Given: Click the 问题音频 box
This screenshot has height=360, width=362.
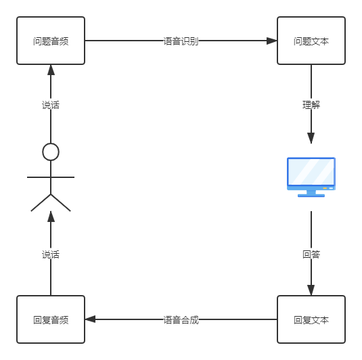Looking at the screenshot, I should pos(51,41).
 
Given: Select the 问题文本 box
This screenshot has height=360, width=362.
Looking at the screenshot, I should pos(311,41).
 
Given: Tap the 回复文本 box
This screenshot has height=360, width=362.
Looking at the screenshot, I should pos(311,319).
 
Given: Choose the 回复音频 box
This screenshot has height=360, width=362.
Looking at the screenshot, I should pos(51,319).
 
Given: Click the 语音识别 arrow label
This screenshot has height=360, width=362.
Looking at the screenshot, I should pos(181,41).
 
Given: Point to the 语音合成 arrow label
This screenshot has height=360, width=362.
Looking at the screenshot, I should pos(181,319).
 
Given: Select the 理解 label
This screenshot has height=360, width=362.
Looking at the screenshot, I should pos(311,104).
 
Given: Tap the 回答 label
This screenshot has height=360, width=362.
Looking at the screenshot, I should pos(311,254).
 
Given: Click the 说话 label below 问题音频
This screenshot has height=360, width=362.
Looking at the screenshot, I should pos(51,104).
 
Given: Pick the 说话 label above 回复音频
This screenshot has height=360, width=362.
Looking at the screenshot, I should pos(51,254).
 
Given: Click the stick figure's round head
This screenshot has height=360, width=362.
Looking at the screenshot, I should pos(51,152).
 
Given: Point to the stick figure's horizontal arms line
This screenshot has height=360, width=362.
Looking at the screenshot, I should pos(51,177).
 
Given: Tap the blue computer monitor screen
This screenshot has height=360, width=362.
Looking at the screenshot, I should pos(311,172).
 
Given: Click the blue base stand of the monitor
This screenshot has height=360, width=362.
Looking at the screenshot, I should pos(311,196).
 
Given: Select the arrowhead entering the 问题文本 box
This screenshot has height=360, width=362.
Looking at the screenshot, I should pos(272,41).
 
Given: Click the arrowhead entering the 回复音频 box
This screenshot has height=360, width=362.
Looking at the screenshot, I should pos(90,319).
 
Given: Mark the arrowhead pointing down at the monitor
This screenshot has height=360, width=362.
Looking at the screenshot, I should pos(311,138).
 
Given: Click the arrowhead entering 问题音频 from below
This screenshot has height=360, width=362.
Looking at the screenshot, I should pos(51,70).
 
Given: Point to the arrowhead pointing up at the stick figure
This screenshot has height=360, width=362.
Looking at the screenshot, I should pos(51,217).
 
